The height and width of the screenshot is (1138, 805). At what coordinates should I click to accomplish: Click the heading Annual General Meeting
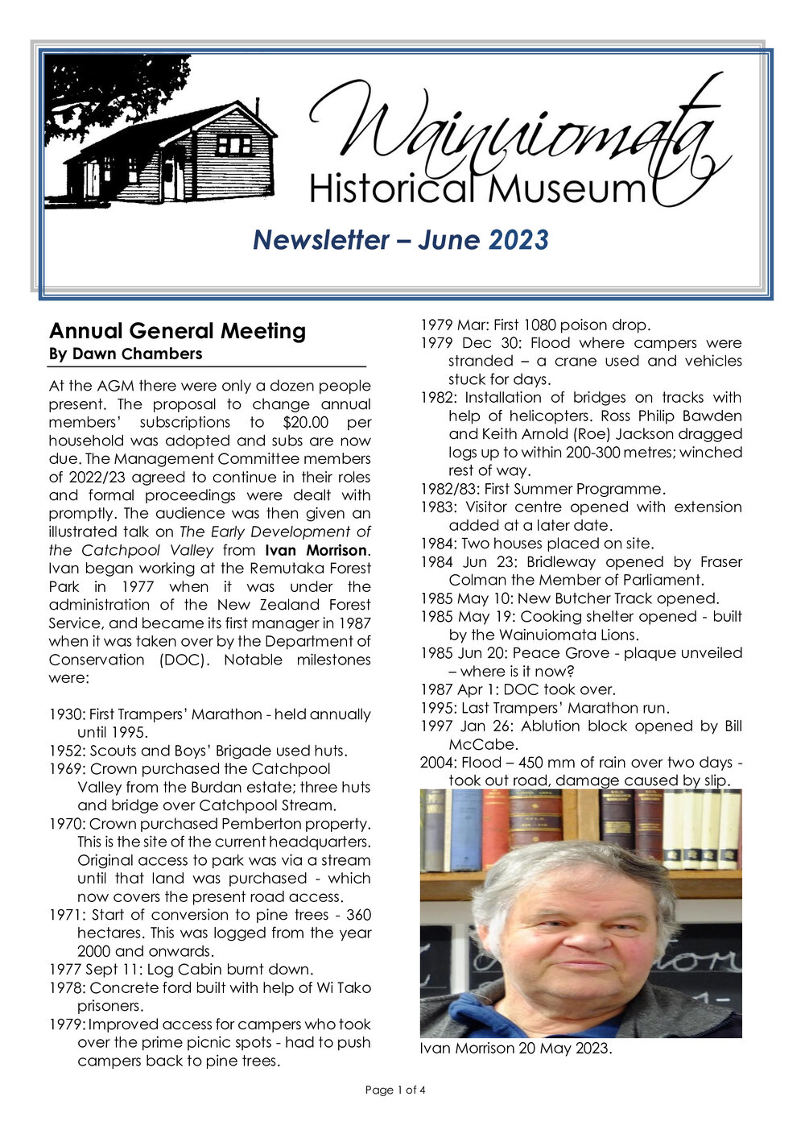(x=177, y=331)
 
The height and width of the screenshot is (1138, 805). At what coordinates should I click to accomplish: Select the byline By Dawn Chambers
(x=126, y=354)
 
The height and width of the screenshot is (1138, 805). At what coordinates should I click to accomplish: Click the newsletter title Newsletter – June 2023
(x=401, y=239)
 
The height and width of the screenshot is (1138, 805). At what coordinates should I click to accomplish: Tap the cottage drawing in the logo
(x=173, y=153)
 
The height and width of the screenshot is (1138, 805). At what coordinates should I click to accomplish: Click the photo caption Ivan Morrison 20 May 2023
(x=515, y=1049)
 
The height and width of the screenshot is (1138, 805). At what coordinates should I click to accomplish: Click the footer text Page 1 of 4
(x=395, y=1090)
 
